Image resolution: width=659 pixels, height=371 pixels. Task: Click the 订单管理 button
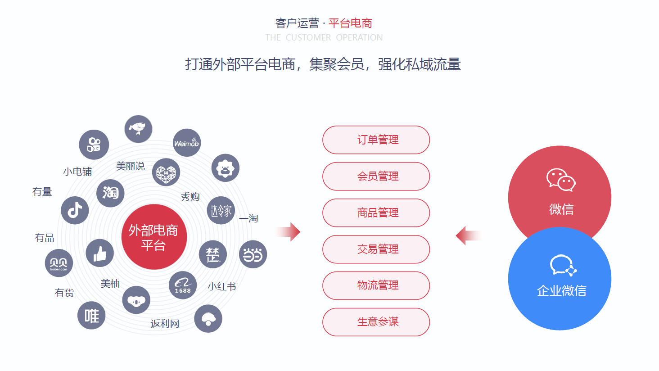376,140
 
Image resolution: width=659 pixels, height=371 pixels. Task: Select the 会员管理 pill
376,176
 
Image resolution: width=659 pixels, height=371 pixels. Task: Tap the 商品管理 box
376,213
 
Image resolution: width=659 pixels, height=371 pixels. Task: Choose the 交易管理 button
376,249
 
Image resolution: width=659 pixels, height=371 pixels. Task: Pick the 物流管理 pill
376,285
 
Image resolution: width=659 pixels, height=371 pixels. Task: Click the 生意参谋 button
376,322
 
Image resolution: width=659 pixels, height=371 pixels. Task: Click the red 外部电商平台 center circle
154,237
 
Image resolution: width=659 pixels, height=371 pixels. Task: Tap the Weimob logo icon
186,143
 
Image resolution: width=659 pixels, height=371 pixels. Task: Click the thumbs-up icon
99,253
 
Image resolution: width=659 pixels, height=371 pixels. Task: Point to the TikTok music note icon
75,210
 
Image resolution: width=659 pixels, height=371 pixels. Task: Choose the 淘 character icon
110,193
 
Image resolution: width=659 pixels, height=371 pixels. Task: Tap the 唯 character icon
91,316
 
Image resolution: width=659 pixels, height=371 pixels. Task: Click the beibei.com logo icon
59,263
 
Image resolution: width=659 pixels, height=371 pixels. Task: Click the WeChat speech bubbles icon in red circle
561,180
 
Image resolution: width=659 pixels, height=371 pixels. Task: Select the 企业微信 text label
561,291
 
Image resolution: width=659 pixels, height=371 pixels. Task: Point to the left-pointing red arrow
468,235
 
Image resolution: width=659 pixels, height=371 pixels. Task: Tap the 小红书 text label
222,287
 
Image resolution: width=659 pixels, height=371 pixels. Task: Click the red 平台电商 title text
350,23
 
